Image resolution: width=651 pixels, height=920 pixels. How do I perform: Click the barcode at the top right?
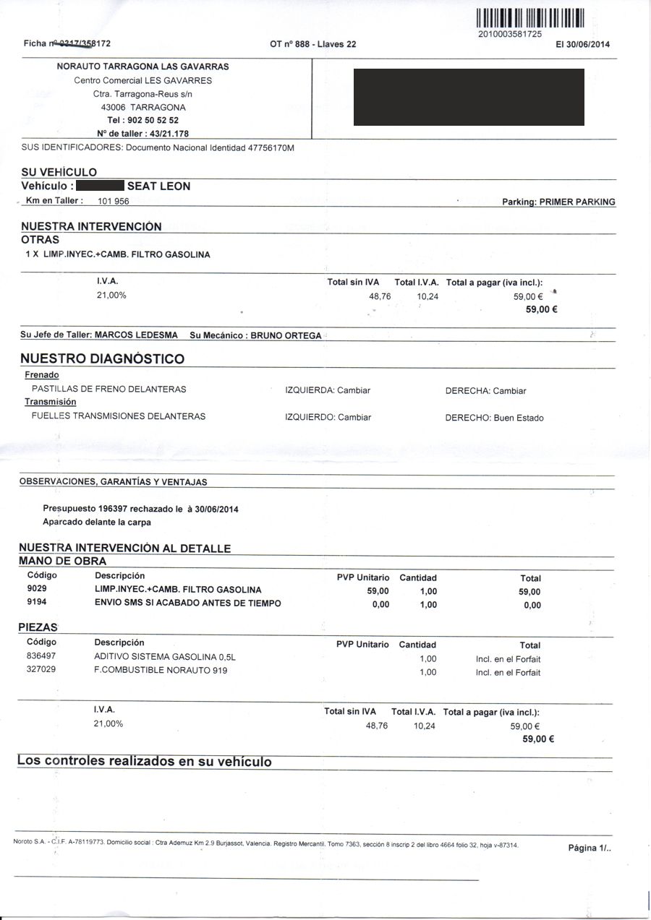pyautogui.click(x=530, y=18)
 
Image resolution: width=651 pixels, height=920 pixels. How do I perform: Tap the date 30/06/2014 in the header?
pyautogui.click(x=588, y=44)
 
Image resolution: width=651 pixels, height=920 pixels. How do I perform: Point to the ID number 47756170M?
pyautogui.click(x=271, y=148)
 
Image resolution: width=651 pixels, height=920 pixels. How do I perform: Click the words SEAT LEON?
pyautogui.click(x=159, y=186)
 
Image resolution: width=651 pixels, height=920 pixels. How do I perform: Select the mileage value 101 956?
pyautogui.click(x=114, y=202)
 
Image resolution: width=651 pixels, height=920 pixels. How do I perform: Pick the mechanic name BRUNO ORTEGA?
pyautogui.click(x=286, y=336)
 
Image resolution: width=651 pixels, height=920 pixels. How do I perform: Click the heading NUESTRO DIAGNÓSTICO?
pyautogui.click(x=102, y=358)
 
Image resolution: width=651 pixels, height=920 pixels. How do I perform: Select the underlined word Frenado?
pyautogui.click(x=42, y=375)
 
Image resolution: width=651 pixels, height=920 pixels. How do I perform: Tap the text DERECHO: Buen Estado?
pyautogui.click(x=494, y=418)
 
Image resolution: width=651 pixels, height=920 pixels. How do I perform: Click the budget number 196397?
pyautogui.click(x=114, y=509)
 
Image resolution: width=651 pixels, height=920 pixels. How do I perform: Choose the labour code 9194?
pyautogui.click(x=36, y=603)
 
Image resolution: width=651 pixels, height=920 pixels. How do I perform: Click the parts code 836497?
pyautogui.click(x=41, y=656)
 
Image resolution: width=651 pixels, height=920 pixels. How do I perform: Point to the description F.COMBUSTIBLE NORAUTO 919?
pyautogui.click(x=161, y=670)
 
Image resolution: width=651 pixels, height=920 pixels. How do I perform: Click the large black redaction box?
pyautogui.click(x=469, y=98)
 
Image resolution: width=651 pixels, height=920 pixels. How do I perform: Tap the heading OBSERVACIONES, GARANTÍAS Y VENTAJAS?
pyautogui.click(x=113, y=481)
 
